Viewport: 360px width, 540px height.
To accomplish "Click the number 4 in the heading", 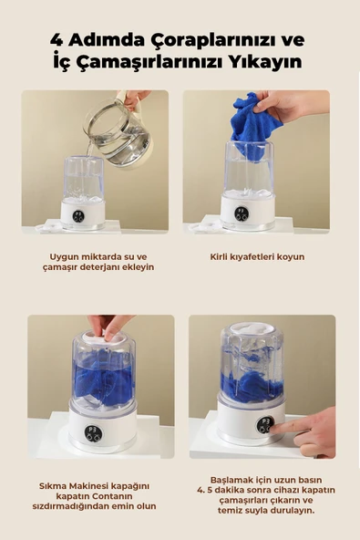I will pos(57,41).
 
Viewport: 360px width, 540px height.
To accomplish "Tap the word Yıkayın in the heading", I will pos(270,63).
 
